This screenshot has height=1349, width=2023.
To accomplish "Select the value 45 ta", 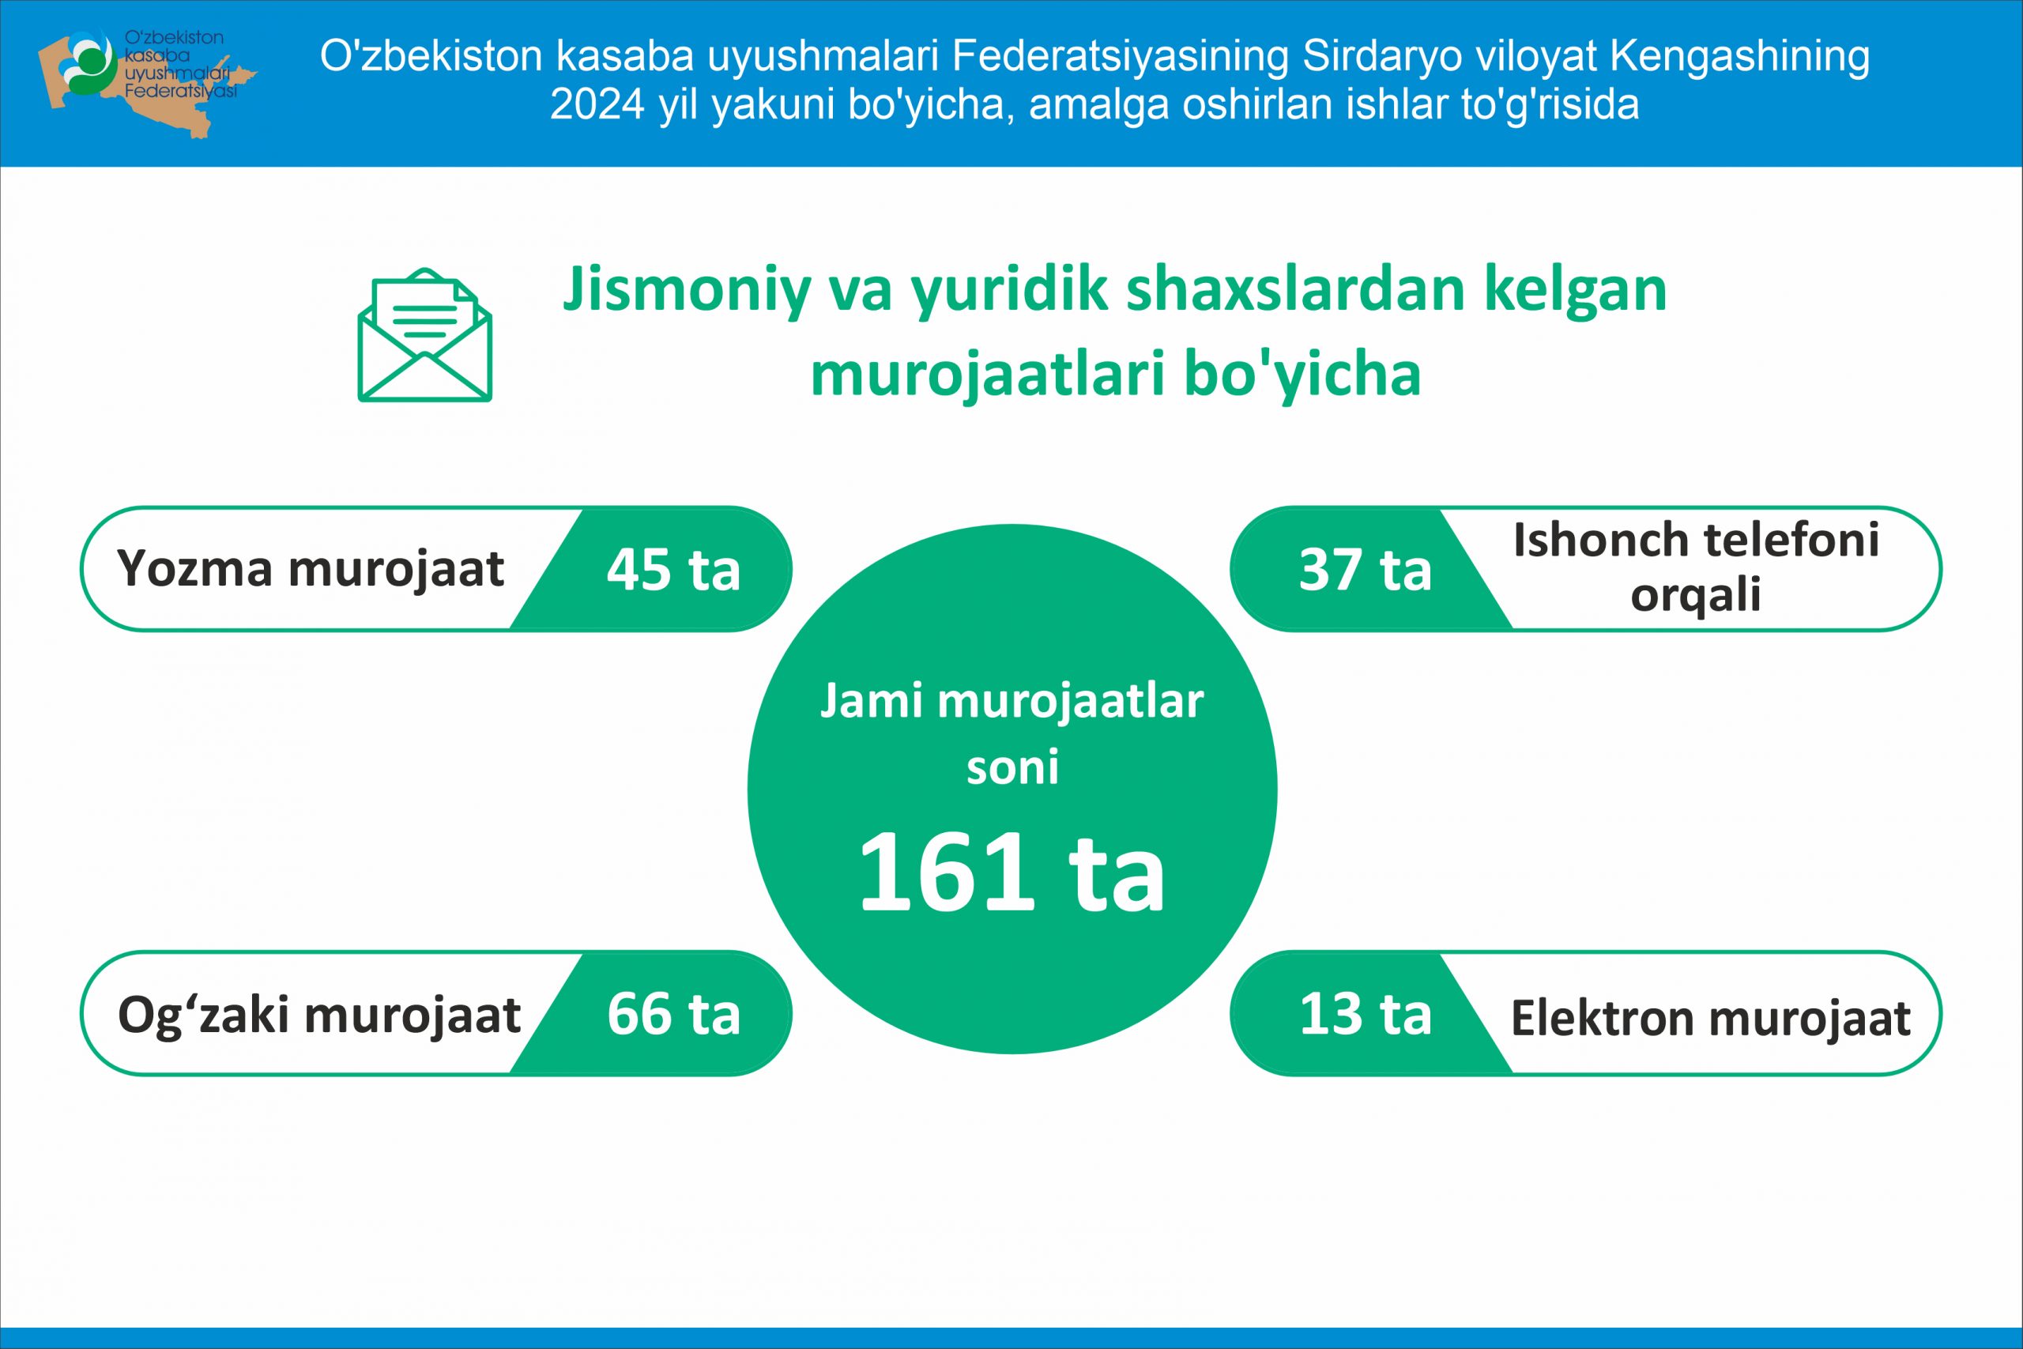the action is tap(673, 570).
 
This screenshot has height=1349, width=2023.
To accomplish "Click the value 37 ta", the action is tap(1366, 570).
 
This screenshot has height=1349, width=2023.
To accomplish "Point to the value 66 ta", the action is tap(673, 1013).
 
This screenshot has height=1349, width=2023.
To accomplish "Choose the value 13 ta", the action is tap(1366, 1013).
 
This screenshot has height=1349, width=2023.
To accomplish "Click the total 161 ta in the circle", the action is tap(1011, 872).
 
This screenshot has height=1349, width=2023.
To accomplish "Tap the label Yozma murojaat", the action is tap(311, 571).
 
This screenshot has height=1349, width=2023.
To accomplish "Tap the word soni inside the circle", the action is tap(1012, 767).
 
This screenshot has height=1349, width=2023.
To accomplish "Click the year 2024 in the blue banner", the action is tap(597, 105).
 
